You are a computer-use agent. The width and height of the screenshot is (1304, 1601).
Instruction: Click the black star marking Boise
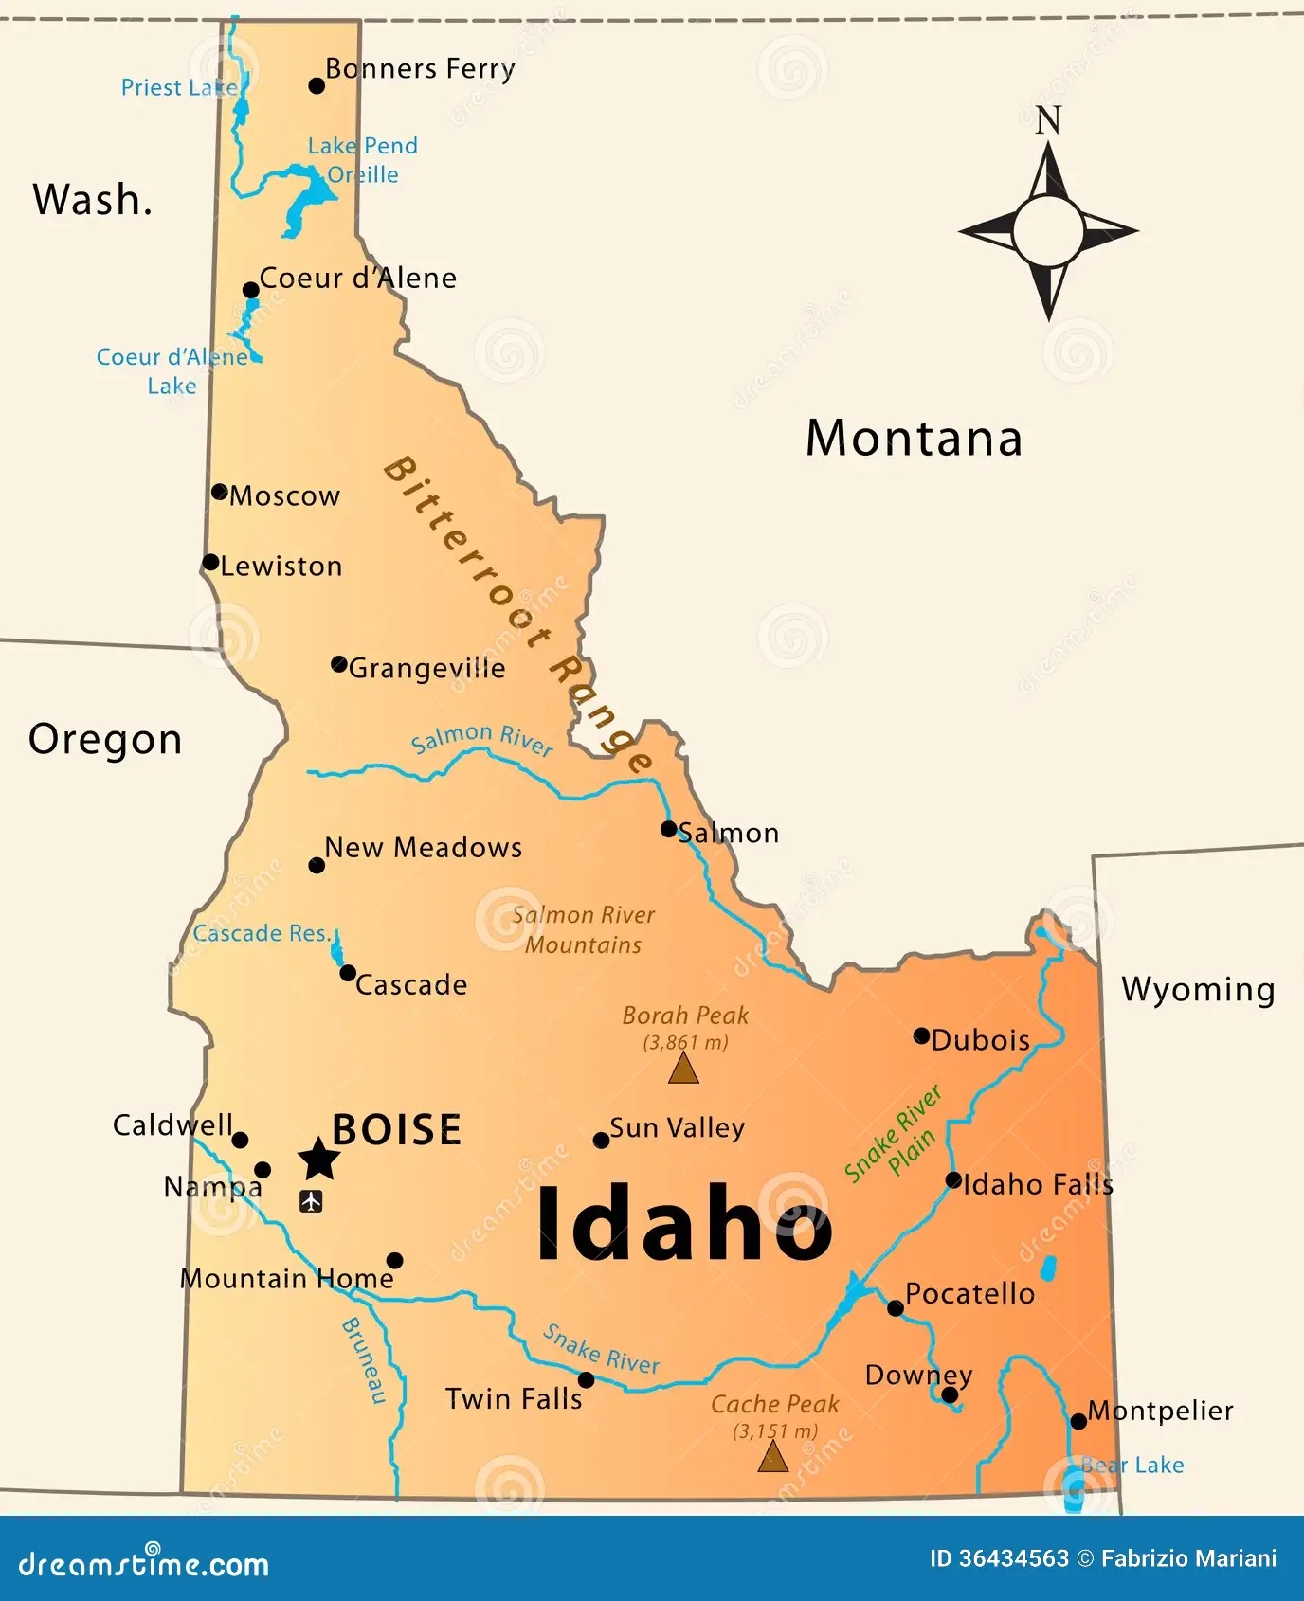[318, 1160]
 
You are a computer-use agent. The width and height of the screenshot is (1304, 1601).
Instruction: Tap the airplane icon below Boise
[311, 1202]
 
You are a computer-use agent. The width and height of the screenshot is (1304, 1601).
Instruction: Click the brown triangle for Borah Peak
[683, 1070]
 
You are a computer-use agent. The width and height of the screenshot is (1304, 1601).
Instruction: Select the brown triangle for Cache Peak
[773, 1457]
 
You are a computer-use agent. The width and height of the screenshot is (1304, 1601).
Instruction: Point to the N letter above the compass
[1047, 121]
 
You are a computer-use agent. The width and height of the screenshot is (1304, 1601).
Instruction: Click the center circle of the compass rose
[1047, 230]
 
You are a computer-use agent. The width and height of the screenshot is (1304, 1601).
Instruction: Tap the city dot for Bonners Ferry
[317, 86]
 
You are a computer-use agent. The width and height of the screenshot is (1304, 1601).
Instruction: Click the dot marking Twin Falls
[586, 1380]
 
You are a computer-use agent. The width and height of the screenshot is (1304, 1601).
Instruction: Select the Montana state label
[914, 439]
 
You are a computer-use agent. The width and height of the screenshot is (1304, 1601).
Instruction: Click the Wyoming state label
[1198, 989]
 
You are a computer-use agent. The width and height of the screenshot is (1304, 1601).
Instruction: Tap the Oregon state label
[105, 740]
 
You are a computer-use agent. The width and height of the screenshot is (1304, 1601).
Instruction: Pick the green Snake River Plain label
[893, 1134]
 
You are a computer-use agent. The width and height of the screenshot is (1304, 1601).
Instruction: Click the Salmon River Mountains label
[583, 929]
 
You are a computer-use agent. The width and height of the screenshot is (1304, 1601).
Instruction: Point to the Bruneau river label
[365, 1359]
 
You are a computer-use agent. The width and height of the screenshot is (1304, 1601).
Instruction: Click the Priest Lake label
[179, 88]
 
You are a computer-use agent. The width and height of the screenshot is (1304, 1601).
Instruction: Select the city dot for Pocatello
[895, 1308]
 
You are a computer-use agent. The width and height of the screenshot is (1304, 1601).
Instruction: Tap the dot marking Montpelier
[1078, 1421]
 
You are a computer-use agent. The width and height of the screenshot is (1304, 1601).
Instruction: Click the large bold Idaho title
[684, 1225]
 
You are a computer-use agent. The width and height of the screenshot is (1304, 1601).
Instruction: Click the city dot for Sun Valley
[601, 1140]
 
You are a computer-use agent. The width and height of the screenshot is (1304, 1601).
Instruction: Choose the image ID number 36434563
[1000, 1558]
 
